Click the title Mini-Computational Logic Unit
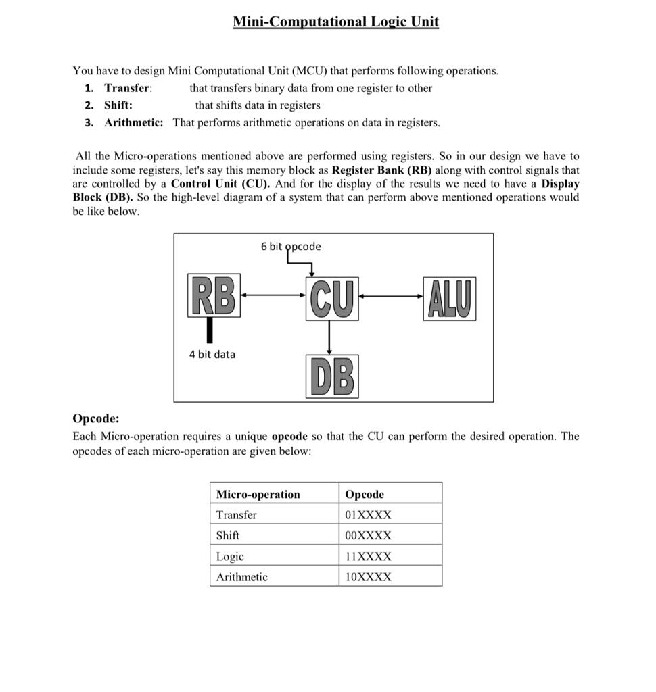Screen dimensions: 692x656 point(335,22)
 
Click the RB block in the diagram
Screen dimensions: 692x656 point(213,296)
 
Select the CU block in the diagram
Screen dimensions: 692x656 point(330,297)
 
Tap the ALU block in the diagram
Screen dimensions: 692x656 point(449,298)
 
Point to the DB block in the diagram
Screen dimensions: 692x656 point(332,376)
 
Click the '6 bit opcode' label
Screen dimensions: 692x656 point(291,247)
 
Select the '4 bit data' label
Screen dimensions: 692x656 point(212,355)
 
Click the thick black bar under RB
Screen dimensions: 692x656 point(210,330)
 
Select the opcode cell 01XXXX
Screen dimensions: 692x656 point(368,515)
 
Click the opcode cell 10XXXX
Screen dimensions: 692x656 point(368,577)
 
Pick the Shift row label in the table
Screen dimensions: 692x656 point(228,535)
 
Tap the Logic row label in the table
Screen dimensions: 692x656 point(230,557)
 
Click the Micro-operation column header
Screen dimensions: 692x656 point(258,495)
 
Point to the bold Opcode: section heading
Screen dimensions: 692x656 point(95,418)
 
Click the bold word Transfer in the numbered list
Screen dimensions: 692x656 point(127,88)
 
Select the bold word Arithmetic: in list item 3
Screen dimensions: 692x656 point(133,123)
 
